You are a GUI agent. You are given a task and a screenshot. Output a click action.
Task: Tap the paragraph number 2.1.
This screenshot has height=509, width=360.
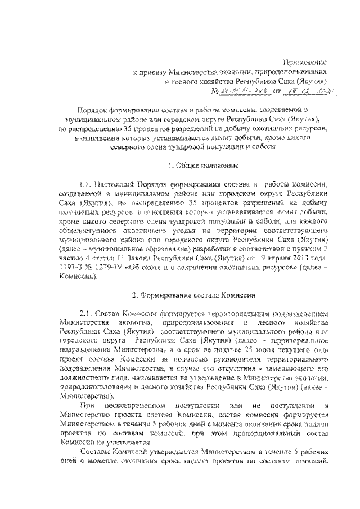(88, 313)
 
